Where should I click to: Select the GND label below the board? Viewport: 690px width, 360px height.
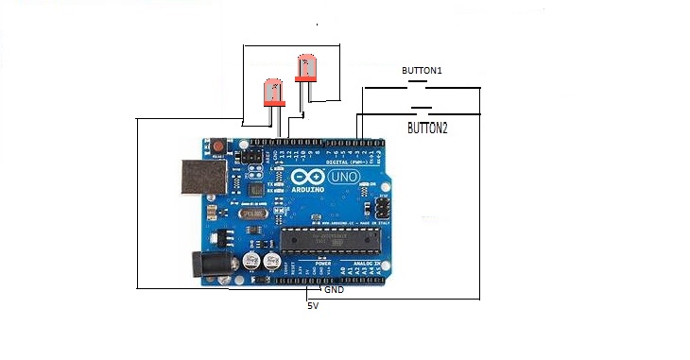click(334, 291)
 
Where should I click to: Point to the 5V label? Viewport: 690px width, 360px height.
click(313, 306)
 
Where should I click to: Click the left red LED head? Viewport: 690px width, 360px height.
click(273, 93)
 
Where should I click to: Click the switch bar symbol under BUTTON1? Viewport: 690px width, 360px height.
click(419, 84)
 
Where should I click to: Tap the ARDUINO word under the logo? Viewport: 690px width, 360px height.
click(307, 190)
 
